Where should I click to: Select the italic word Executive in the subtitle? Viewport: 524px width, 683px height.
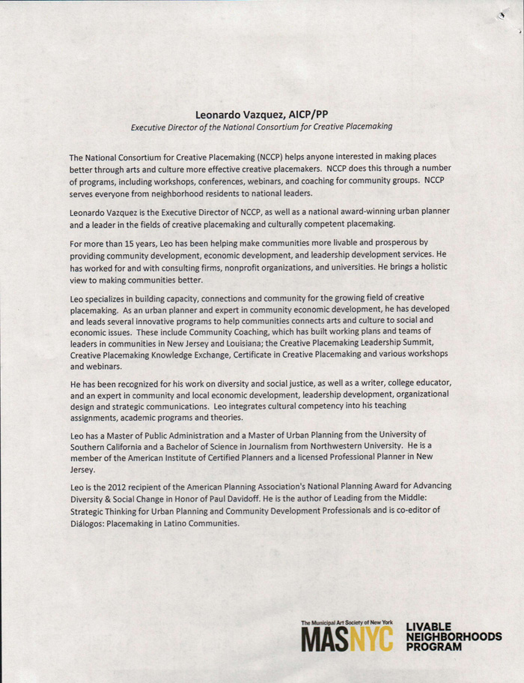(153, 127)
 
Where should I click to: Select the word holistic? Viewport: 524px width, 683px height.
(427, 267)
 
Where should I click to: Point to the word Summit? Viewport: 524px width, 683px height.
(430, 343)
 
